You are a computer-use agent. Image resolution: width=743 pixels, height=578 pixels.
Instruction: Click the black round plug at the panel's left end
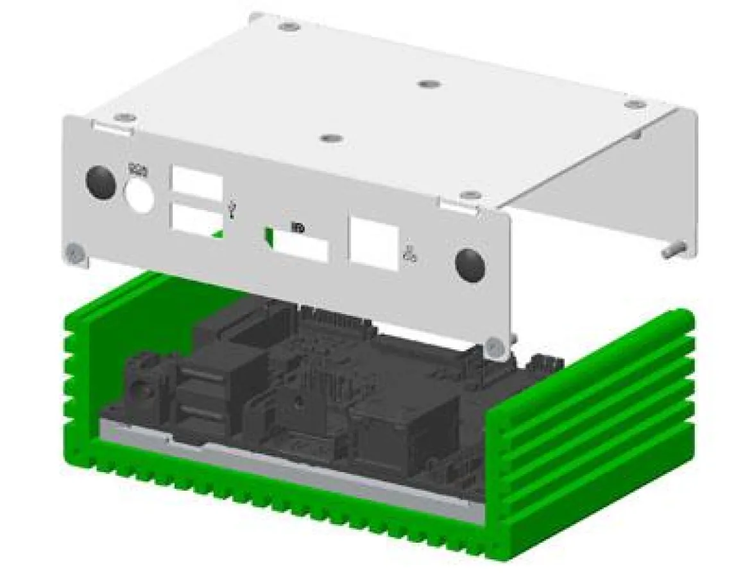101,182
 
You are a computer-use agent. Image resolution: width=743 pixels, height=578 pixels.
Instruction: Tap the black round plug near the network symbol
470,265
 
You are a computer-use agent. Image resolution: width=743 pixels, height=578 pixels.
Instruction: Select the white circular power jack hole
140,195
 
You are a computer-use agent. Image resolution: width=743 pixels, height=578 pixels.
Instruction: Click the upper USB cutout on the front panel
196,182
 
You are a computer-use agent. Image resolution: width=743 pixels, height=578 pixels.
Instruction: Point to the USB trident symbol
232,208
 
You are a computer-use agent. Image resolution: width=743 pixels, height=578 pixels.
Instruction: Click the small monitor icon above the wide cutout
298,227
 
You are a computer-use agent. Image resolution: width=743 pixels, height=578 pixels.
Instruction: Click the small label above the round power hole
138,170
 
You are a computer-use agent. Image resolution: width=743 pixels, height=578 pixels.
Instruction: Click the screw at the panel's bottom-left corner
75,253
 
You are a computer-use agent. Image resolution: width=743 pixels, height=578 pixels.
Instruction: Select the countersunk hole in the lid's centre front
330,138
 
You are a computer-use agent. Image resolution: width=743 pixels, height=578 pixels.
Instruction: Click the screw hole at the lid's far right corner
634,104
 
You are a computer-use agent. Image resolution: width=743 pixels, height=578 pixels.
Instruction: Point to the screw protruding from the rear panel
674,249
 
